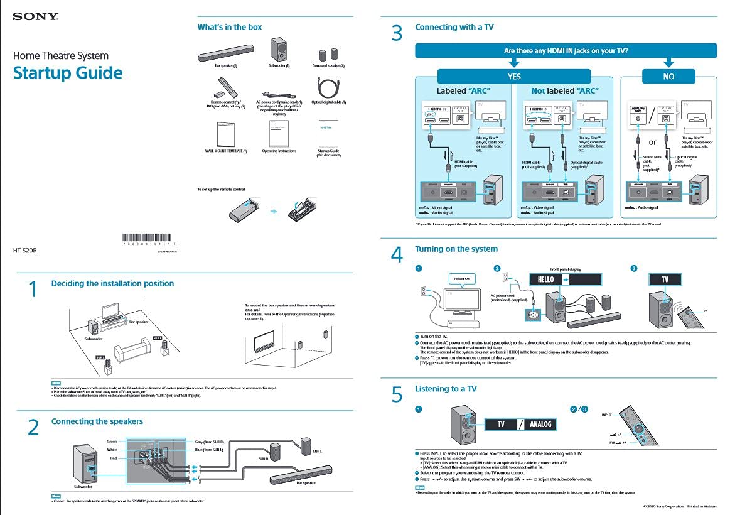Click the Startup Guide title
point(68,73)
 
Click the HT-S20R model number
point(25,250)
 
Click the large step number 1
point(34,290)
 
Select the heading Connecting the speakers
point(97,421)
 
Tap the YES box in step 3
point(514,76)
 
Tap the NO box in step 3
point(668,76)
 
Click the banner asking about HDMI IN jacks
point(566,50)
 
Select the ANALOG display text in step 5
point(540,424)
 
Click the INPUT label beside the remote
point(606,415)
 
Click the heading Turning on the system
point(456,249)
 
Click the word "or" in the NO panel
point(652,142)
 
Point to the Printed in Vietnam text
point(702,506)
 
